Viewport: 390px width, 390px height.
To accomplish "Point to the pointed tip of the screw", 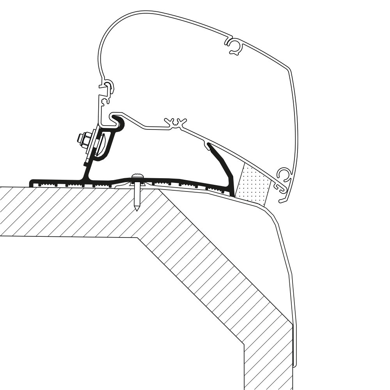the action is [x=136, y=209].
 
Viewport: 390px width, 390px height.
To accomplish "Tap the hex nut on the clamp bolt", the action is [x=82, y=138].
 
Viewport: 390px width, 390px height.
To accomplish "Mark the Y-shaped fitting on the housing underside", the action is [x=176, y=122].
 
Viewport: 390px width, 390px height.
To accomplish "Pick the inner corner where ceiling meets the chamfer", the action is [x=137, y=236].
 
